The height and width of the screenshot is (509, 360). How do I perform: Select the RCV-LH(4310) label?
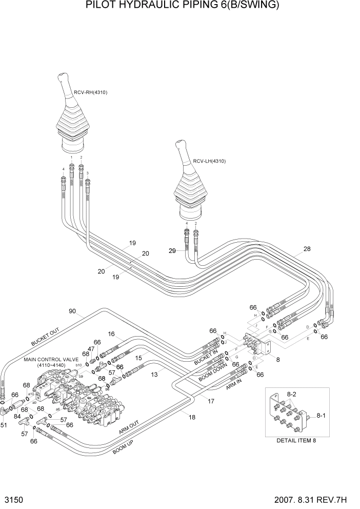(x=209, y=161)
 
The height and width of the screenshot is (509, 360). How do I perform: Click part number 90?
(x=72, y=311)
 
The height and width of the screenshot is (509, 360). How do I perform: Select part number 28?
(x=307, y=249)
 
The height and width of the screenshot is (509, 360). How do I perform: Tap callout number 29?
(x=172, y=250)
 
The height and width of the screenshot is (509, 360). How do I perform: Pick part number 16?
(x=111, y=334)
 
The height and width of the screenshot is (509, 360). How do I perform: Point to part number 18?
(x=192, y=417)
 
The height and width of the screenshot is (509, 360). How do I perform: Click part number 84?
(x=17, y=417)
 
